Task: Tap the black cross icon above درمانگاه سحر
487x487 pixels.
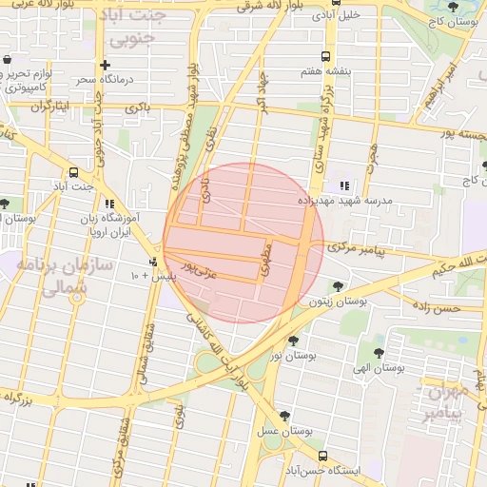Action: [117, 65]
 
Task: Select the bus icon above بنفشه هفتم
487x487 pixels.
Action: [326, 56]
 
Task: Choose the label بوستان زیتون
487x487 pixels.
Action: [338, 301]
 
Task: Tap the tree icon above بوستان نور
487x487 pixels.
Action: [292, 340]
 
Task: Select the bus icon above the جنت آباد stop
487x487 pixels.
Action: [74, 172]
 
